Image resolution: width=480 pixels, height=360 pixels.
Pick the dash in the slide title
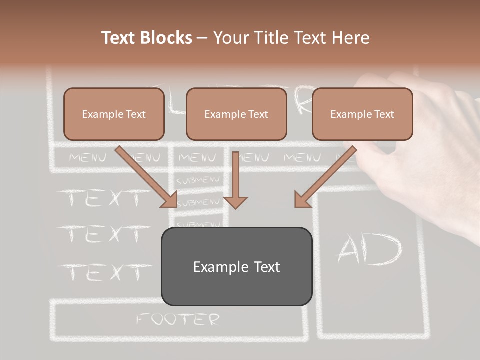click(202, 38)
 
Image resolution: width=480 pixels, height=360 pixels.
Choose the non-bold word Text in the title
click(310, 38)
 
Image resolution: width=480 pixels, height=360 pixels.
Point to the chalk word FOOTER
click(178, 319)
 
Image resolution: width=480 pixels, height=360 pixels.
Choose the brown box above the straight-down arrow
click(236, 114)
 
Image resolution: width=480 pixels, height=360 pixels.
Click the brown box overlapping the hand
click(362, 114)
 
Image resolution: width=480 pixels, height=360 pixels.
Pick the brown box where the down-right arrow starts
click(114, 114)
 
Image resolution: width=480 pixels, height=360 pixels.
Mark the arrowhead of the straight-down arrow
click(236, 202)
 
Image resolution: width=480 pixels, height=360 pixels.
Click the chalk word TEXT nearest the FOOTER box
click(105, 272)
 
